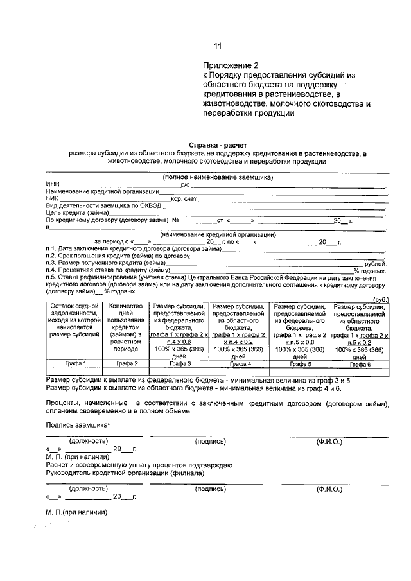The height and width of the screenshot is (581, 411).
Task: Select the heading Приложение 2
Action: tap(231, 65)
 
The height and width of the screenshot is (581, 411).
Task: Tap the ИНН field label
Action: tap(52, 184)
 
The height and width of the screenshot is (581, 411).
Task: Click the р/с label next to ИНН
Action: tap(185, 184)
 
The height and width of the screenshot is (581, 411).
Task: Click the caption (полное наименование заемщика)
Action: tap(217, 177)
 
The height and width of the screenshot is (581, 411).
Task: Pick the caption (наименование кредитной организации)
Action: tap(218, 234)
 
